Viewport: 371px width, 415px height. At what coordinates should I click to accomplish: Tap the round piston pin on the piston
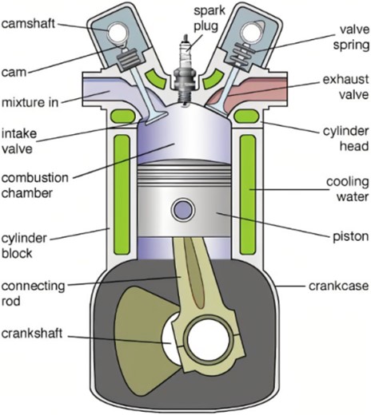[183, 210]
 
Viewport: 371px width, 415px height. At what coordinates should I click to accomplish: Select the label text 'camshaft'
[28, 24]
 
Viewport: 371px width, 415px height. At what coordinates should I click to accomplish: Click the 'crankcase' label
[339, 286]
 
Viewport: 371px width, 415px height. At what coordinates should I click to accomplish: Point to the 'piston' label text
[351, 236]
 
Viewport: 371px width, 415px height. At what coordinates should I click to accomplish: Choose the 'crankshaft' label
[32, 333]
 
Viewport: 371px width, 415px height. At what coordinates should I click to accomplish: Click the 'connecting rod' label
[33, 294]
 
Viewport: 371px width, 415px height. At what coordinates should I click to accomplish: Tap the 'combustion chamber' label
[35, 185]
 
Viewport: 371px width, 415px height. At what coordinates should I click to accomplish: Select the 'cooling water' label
[348, 189]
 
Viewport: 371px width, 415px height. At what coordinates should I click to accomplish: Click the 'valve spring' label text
[352, 38]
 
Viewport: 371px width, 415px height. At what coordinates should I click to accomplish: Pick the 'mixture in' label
[30, 102]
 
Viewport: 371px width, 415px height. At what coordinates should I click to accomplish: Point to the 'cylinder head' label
[346, 138]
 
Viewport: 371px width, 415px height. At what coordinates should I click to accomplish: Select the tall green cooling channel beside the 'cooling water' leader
[248, 194]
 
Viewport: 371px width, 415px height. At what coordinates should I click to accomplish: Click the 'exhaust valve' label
[346, 87]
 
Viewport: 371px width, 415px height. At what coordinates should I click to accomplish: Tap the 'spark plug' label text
[209, 18]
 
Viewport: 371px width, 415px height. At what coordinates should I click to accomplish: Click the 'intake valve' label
[19, 140]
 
